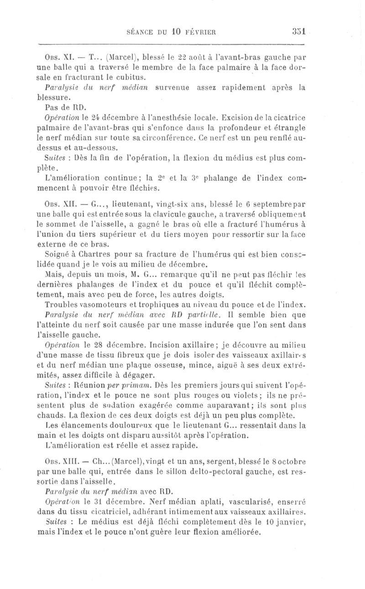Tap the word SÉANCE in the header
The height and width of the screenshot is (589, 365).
tap(139, 32)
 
